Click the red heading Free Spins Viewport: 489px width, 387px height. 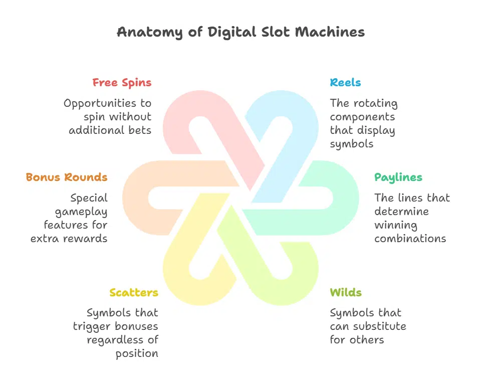pyautogui.click(x=122, y=83)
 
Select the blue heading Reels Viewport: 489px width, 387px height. pyautogui.click(x=345, y=83)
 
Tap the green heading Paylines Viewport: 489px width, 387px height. pyautogui.click(x=398, y=177)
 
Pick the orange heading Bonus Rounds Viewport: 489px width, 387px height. pyautogui.click(x=67, y=177)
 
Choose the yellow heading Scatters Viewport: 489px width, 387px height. pyautogui.click(x=134, y=293)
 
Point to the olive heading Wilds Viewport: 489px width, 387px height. pyautogui.click(x=346, y=293)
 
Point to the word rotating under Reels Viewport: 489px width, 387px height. pyautogui.click(x=374, y=104)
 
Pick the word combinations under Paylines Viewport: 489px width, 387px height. pyautogui.click(x=410, y=239)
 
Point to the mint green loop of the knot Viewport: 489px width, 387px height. pyautogui.click(x=346, y=198)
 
